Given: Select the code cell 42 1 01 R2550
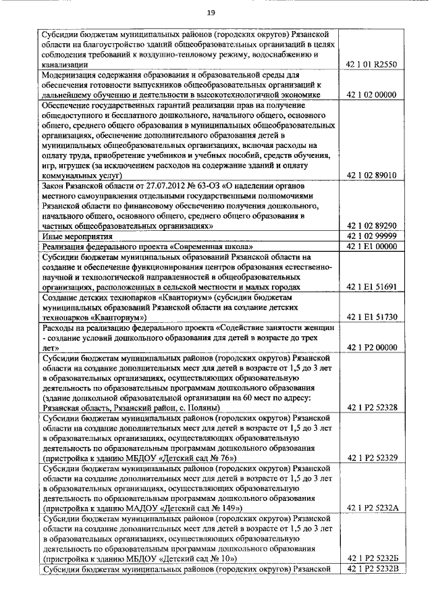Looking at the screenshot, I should click(371, 64).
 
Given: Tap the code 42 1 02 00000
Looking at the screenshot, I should click(371, 95).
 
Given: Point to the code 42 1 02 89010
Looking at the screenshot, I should click(371, 175).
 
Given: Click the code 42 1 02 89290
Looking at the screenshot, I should click(371, 225).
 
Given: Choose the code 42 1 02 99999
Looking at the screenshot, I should click(371, 236).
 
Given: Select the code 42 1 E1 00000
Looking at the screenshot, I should click(371, 246).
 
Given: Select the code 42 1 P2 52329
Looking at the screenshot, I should click(371, 458).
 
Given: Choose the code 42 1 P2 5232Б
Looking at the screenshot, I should click(371, 559).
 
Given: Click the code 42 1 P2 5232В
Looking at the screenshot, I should click(371, 569).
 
